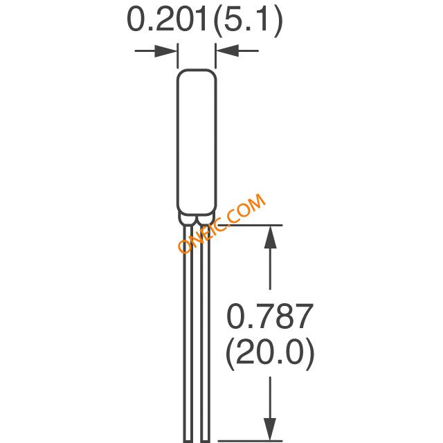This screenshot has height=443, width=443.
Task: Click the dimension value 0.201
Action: [167, 19]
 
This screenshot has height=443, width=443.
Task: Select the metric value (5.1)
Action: [248, 21]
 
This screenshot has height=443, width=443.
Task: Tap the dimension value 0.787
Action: [270, 316]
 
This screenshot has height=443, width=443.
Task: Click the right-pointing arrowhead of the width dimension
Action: [166, 51]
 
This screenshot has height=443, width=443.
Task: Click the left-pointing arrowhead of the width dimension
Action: [228, 51]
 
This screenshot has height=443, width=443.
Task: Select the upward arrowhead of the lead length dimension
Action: [271, 237]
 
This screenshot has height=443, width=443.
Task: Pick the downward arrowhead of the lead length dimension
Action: [271, 429]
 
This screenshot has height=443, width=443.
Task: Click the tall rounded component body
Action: [197, 142]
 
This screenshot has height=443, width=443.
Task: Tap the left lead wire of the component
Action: [188, 334]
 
